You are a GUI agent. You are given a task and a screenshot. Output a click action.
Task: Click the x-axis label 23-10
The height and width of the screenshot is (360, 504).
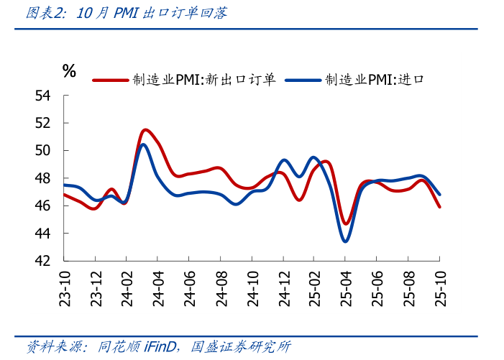64,287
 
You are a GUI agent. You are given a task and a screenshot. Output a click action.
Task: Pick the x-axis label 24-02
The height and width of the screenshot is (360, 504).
127,287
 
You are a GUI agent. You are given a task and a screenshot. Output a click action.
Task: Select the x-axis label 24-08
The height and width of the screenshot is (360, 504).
221,287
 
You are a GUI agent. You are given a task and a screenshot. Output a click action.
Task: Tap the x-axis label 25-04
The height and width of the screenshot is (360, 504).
346,287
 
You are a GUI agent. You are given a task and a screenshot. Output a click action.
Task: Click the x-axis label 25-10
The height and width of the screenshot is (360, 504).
440,287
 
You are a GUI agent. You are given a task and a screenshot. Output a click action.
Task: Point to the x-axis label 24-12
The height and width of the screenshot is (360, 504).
283,287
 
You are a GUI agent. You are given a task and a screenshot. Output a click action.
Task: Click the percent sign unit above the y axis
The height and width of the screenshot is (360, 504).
69,70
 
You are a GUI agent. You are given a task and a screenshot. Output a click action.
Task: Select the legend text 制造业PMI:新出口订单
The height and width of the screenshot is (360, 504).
203,80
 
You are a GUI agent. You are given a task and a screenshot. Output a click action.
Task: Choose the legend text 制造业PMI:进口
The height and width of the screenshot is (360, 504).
374,80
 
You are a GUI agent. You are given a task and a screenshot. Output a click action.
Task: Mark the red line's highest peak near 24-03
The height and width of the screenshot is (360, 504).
146,130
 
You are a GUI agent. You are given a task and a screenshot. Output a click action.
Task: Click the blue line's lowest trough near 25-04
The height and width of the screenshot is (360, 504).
345,241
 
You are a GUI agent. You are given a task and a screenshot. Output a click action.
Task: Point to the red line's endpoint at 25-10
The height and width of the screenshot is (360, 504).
440,207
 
